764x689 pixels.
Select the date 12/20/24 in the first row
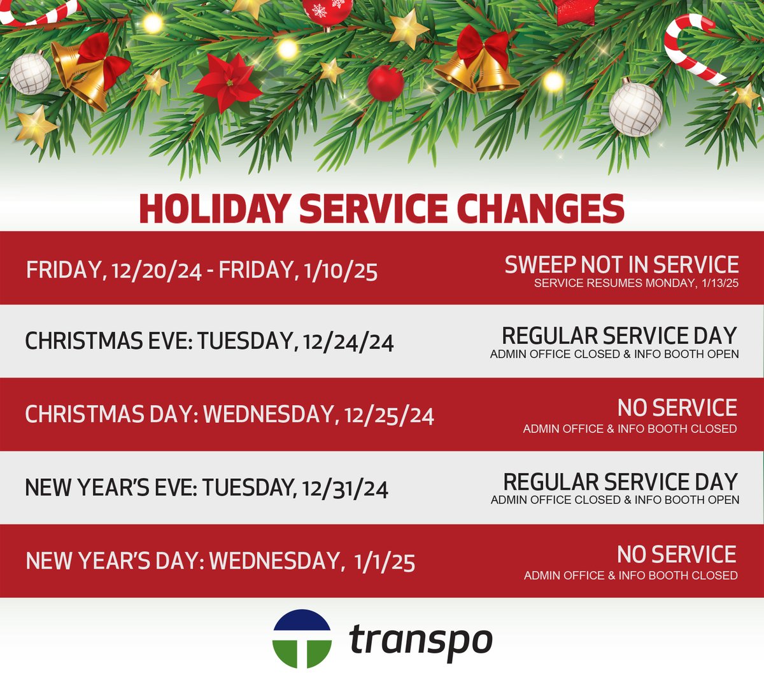[157, 271]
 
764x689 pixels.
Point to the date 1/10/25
[341, 271]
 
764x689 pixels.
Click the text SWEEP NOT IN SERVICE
[621, 265]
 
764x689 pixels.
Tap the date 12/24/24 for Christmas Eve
[348, 342]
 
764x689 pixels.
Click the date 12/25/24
[389, 416]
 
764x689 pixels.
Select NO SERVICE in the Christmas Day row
[677, 408]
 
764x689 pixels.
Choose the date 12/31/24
[345, 489]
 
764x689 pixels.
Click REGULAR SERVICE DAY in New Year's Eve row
[620, 482]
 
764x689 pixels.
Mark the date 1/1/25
[385, 562]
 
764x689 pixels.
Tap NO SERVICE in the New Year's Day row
[676, 555]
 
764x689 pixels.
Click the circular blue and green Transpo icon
[302, 639]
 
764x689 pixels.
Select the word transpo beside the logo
[421, 640]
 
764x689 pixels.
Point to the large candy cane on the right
[691, 48]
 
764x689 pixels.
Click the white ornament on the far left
[30, 74]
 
